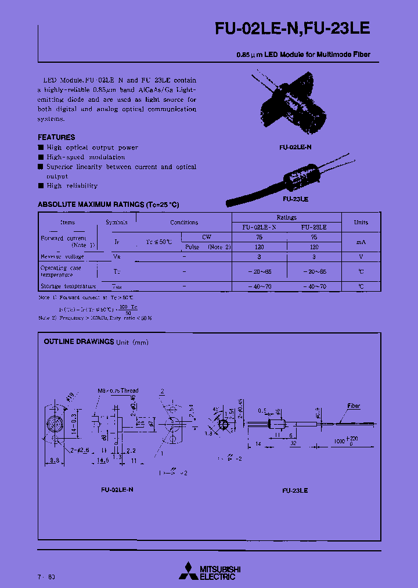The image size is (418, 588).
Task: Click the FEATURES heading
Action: tap(56, 137)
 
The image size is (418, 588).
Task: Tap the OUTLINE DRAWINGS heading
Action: tap(79, 342)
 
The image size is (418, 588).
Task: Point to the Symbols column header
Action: tap(117, 223)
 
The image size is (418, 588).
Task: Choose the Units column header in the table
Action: tap(361, 223)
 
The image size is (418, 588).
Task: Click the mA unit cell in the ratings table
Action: tap(361, 242)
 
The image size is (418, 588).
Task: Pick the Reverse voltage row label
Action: tap(62, 256)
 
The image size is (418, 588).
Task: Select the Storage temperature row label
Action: tap(67, 286)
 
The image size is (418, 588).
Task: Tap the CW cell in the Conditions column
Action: tap(207, 237)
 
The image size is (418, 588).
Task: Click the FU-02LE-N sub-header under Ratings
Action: tap(259, 228)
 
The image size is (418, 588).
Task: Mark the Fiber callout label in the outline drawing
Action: tap(354, 406)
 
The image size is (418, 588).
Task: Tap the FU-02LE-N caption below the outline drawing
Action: tap(117, 490)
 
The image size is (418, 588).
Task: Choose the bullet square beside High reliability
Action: tap(41, 186)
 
